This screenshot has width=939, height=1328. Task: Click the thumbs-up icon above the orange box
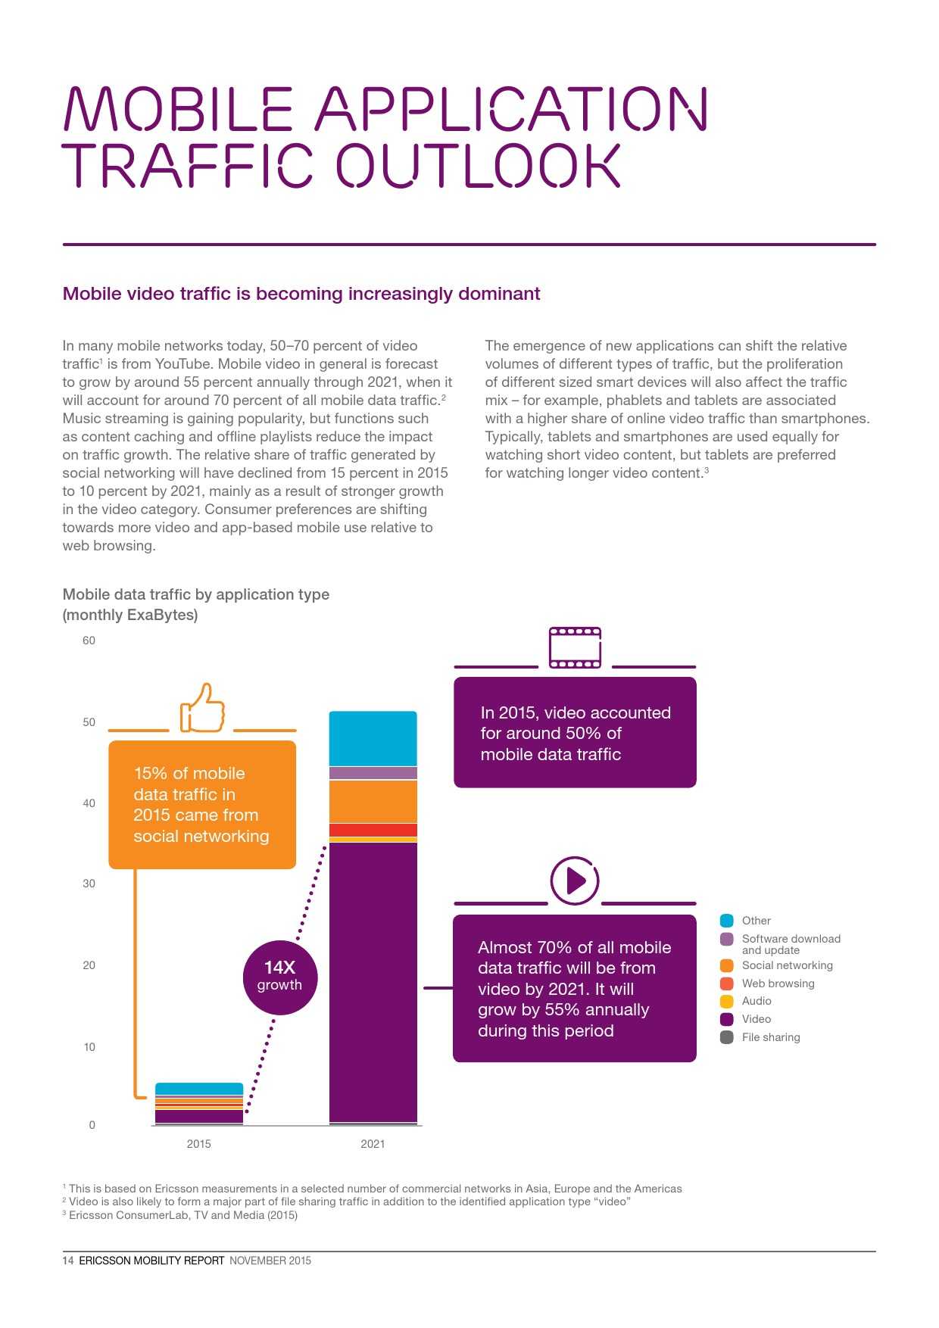[202, 709]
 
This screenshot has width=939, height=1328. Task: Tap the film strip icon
[575, 647]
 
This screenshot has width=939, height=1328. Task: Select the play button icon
[574, 881]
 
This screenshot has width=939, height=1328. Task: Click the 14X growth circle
[279, 977]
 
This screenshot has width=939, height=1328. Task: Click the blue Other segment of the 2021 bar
[373, 738]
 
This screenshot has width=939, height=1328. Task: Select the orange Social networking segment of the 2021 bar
[373, 801]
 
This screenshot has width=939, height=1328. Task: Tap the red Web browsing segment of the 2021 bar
[373, 830]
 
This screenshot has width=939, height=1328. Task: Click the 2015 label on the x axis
[198, 1143]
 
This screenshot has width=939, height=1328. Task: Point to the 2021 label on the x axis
[373, 1143]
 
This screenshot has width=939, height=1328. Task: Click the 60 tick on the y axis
[89, 641]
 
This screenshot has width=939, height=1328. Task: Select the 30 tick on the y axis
[89, 884]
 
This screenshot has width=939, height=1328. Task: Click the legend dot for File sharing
[727, 1037]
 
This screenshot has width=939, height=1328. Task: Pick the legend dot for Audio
[727, 1001]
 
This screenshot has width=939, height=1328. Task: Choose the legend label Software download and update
[791, 944]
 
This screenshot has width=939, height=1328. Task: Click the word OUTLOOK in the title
[478, 166]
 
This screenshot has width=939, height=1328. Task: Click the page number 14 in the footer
[68, 1261]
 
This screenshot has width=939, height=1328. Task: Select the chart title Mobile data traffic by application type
[195, 594]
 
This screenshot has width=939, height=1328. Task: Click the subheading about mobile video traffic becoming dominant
[301, 294]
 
